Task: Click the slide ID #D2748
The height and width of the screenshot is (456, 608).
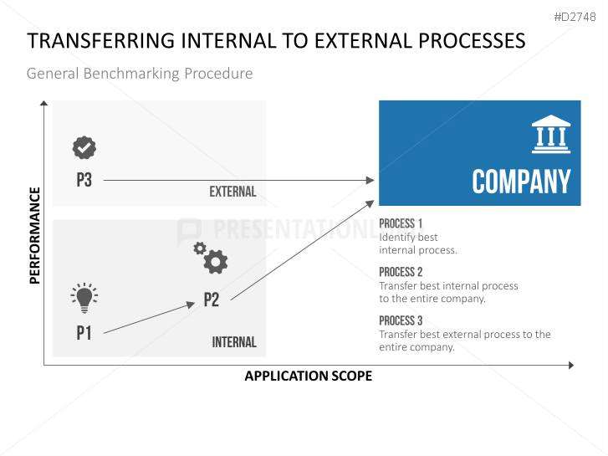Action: coord(575,17)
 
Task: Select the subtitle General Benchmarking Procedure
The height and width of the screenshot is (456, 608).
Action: coord(140,74)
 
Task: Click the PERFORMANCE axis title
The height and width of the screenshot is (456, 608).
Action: coord(35,236)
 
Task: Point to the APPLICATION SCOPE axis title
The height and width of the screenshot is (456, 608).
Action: coord(309,376)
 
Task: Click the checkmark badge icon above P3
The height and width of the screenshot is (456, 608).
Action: coord(84,147)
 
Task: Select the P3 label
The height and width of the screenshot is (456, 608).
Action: coord(84,180)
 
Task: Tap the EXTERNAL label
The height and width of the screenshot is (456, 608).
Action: coord(232,192)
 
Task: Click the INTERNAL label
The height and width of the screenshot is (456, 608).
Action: coord(234,342)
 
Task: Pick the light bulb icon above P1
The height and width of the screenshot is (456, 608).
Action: coord(84,298)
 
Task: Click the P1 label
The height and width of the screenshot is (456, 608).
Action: coord(84,333)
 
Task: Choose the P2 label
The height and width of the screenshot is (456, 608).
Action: coord(212,300)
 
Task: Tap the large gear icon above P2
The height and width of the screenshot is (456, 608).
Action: coord(216,262)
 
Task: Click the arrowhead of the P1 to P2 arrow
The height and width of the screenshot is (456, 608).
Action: coord(191,305)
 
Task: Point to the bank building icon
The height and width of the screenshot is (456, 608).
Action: coord(551,134)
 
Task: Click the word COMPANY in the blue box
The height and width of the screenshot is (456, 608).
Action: coord(521,182)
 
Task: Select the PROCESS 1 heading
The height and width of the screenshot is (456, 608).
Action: coord(401,223)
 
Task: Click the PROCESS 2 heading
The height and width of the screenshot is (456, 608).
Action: coord(401,272)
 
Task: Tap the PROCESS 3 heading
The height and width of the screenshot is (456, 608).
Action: coord(401,320)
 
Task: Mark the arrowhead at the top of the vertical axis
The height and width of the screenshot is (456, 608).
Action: coord(43,103)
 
